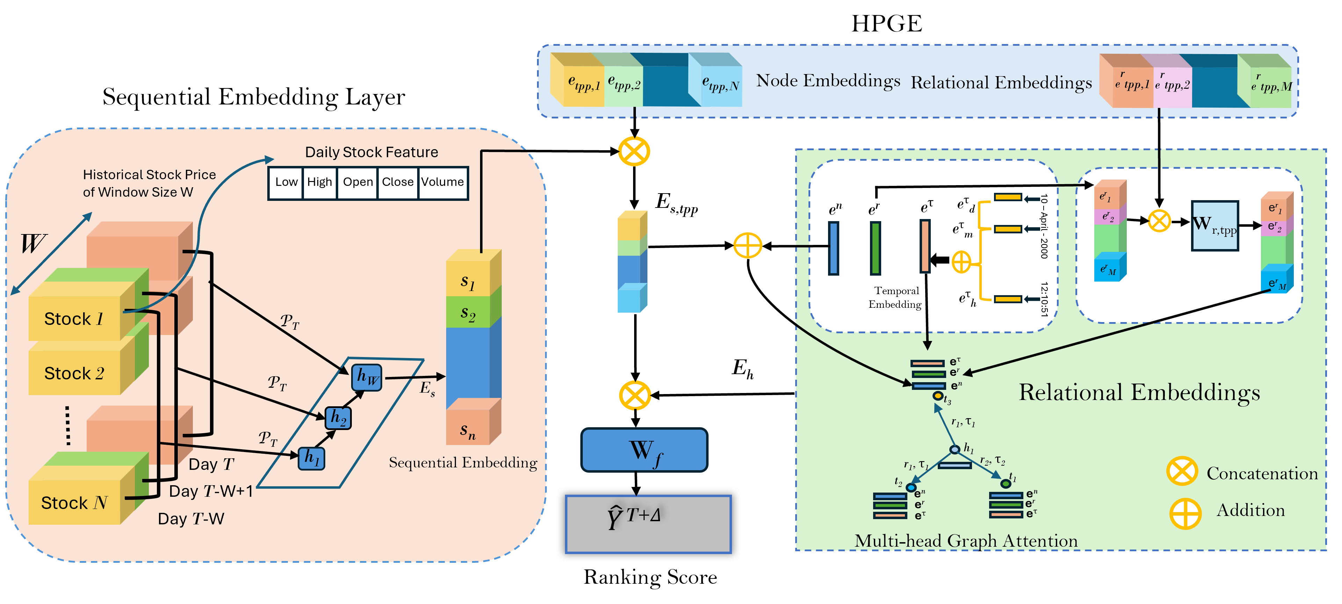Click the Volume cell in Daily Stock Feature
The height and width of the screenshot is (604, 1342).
[x=442, y=182]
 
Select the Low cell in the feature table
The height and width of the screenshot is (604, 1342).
[x=286, y=182]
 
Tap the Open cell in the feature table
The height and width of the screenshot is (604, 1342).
[x=357, y=182]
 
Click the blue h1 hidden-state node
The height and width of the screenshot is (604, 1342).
[x=312, y=458]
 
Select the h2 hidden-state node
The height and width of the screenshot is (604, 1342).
[x=338, y=417]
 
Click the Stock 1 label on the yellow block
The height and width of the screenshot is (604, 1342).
[x=74, y=319]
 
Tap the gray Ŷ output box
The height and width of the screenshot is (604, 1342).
[x=648, y=524]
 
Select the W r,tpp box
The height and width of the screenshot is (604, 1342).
[x=1215, y=225]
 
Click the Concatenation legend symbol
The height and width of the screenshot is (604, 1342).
[x=1182, y=472]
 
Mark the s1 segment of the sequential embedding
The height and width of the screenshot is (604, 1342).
[x=468, y=281]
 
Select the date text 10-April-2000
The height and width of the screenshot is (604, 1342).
[x=1044, y=226]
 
